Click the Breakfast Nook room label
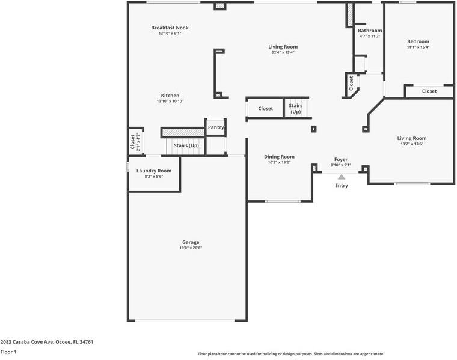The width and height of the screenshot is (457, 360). (x=170, y=28)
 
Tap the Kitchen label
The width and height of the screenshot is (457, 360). (x=170, y=96)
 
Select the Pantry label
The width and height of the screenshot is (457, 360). (x=216, y=127)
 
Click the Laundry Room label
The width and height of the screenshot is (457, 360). (x=154, y=171)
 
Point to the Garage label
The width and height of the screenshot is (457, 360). (x=191, y=242)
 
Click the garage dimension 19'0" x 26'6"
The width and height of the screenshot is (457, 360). (x=191, y=248)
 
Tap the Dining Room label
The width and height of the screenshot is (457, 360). (x=279, y=157)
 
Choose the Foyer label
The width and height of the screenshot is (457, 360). (x=341, y=159)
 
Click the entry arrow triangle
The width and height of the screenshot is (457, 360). (x=342, y=177)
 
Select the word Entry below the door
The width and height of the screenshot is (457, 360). (x=342, y=186)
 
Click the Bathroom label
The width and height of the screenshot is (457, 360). (x=370, y=31)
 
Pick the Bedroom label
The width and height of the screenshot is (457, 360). (x=418, y=41)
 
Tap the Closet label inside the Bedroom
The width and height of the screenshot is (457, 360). (x=429, y=91)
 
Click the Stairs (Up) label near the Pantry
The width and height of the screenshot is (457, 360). (x=186, y=146)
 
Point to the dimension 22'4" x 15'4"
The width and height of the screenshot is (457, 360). (x=283, y=53)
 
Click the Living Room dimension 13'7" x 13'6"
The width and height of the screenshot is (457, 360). (x=412, y=144)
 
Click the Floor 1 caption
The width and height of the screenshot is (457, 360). (x=8, y=352)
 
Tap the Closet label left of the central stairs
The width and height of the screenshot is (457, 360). (x=265, y=109)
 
